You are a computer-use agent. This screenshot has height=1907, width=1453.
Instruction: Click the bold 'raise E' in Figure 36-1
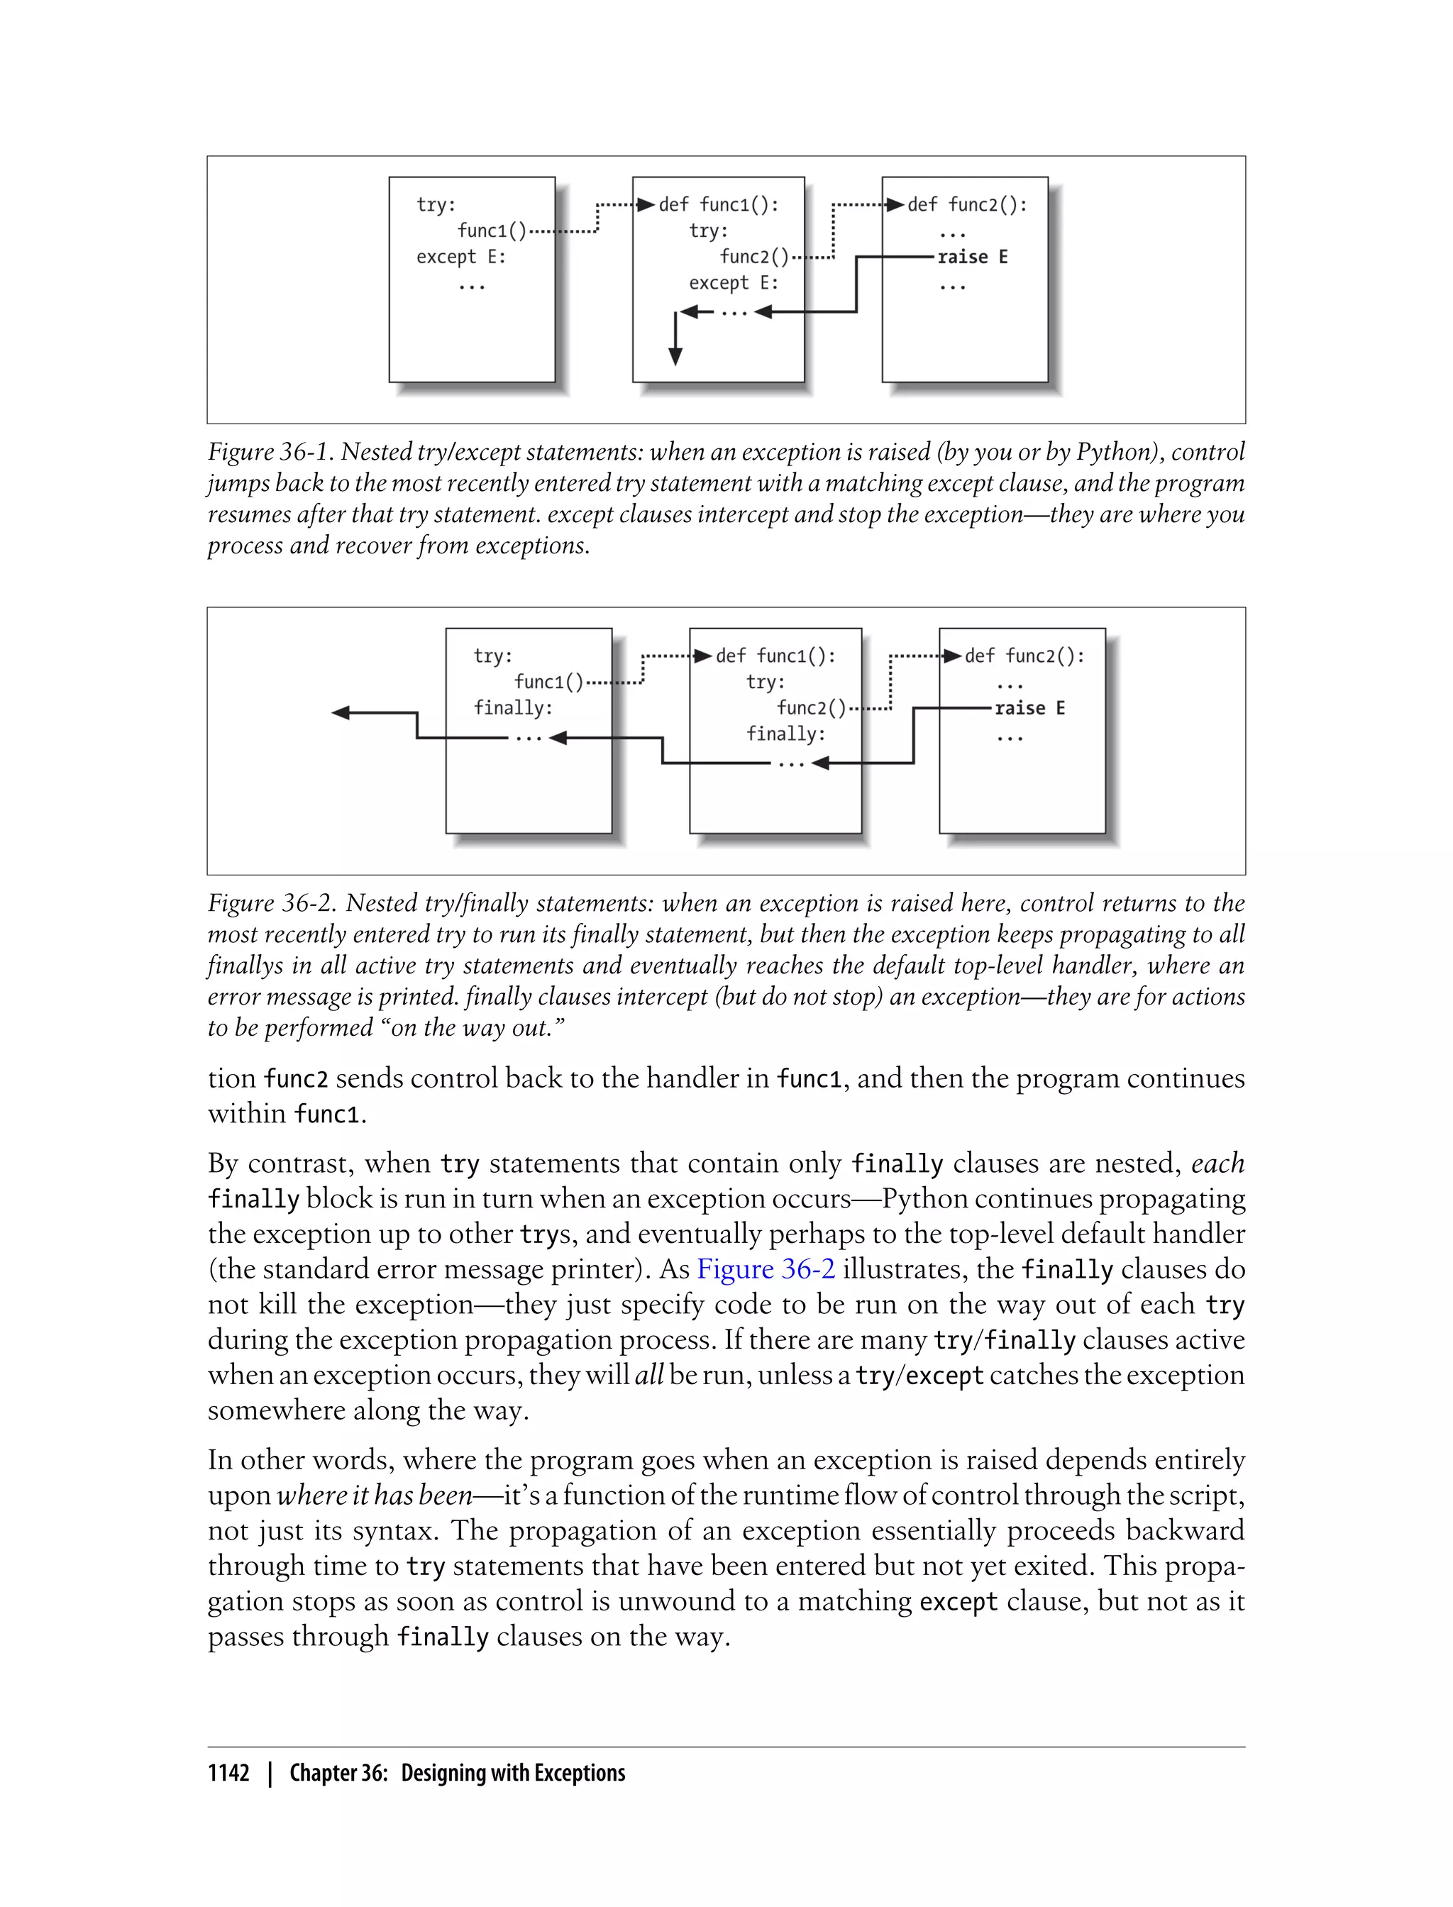tap(972, 257)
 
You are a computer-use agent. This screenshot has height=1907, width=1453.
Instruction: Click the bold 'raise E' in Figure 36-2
tap(1029, 708)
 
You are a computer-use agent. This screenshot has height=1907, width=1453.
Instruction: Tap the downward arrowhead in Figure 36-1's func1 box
tap(675, 356)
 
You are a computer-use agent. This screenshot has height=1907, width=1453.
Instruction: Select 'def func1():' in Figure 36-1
tap(719, 205)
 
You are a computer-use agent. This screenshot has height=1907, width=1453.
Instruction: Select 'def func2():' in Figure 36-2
tap(1024, 656)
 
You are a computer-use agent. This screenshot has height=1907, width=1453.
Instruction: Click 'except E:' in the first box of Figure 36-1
tap(461, 257)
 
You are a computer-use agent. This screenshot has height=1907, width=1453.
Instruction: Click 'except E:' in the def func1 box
tap(734, 283)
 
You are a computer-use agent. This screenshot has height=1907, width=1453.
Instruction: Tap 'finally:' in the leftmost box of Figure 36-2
tap(513, 708)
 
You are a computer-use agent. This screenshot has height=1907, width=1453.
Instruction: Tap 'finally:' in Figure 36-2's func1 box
tap(786, 734)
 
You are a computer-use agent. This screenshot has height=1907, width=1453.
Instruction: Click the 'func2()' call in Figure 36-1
tap(754, 257)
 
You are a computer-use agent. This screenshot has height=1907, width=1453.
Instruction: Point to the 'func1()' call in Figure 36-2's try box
tap(548, 682)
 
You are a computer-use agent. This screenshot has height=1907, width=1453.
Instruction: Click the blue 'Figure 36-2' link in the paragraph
tap(766, 1268)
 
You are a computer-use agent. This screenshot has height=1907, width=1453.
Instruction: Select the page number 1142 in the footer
tap(228, 1773)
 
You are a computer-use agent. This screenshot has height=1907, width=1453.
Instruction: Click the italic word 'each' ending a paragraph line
tap(1217, 1163)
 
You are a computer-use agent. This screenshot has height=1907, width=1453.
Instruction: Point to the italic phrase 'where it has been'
tap(375, 1496)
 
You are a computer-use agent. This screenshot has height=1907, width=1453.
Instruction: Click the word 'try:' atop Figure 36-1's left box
tap(436, 205)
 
